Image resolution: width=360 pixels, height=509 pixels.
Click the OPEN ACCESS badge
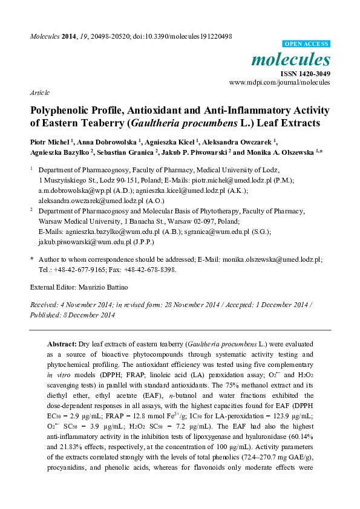307,44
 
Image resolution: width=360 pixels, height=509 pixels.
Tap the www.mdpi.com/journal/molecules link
280,81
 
